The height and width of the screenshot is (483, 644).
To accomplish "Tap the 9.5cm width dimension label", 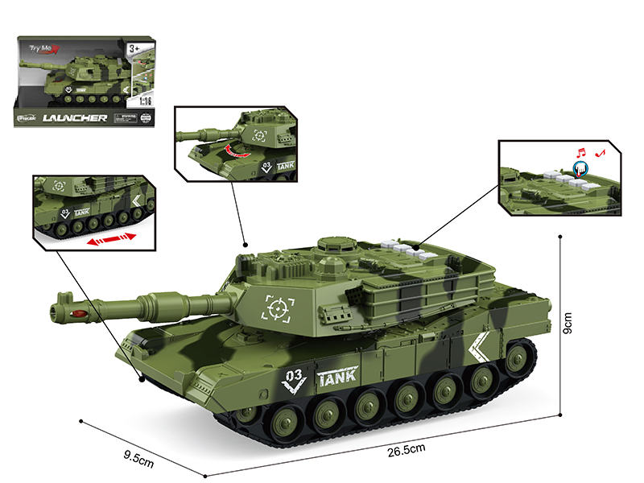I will [138, 460].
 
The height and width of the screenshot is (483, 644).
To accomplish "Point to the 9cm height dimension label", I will [568, 325].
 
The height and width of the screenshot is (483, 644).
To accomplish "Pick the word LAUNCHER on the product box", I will [84, 118].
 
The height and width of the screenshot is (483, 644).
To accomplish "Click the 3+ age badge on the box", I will [134, 52].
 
